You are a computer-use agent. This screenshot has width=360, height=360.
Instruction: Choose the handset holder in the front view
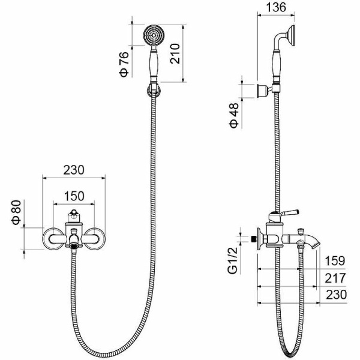(153, 90)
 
